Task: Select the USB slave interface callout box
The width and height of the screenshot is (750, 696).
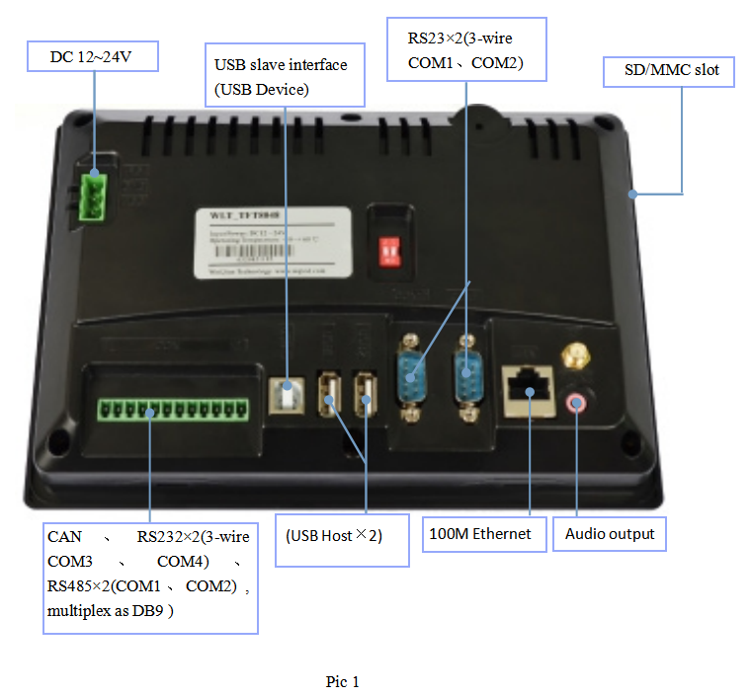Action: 285,76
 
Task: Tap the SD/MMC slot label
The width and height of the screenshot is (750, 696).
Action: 668,71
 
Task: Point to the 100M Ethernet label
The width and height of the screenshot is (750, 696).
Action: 480,534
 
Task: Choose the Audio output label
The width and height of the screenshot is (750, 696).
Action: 610,534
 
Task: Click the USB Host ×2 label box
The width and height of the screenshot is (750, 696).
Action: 341,539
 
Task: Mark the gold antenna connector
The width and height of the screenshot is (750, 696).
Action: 572,356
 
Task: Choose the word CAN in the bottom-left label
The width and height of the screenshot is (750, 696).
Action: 61,537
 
